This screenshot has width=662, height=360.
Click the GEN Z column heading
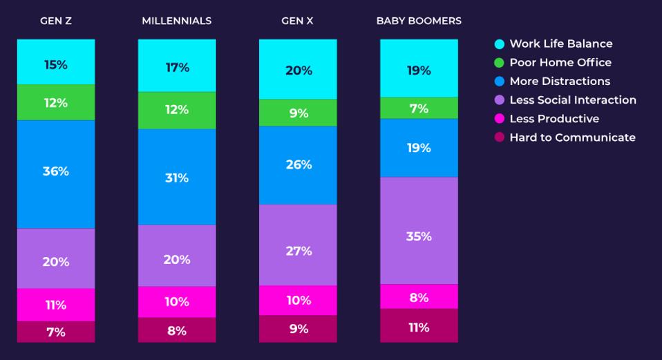pos(56,21)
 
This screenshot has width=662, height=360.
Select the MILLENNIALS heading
pos(176,21)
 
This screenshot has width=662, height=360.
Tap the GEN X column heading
pos(297,21)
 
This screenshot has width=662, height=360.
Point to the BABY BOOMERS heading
pos(419,21)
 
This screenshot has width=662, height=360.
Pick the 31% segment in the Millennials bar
pos(176,178)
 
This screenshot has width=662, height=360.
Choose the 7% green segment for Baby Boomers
pos(419,108)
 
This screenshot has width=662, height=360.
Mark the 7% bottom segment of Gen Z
pos(56,332)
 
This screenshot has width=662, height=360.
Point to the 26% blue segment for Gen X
pos(299,165)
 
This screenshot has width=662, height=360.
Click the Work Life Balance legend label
pos(560,44)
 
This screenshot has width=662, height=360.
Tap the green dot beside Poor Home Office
pos(500,63)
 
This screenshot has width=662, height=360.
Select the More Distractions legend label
pos(560,81)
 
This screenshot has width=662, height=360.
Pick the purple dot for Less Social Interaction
pos(500,100)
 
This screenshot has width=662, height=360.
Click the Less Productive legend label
pos(554,119)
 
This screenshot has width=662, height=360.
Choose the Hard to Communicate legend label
pos(572,138)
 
